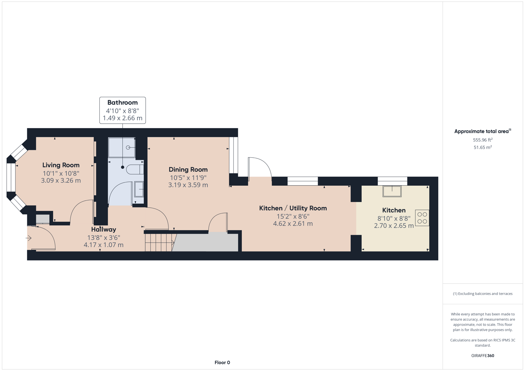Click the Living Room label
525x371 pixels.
pos(61,165)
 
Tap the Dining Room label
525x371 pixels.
pos(188,170)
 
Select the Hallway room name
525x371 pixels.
pos(103,229)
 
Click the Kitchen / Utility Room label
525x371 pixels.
pos(293,208)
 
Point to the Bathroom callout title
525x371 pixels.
pos(122,103)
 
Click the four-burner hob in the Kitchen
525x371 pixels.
pos(422,218)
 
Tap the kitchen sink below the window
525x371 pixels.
pos(392,191)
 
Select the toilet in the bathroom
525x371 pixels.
pos(135,169)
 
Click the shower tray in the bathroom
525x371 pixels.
pos(122,148)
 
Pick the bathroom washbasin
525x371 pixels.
pos(139,189)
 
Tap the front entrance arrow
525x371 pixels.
pos(29,238)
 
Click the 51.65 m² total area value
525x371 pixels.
pos(482,147)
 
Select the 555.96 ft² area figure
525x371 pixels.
pos(482,140)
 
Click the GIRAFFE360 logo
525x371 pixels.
pos(482,356)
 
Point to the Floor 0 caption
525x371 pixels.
pos(222,362)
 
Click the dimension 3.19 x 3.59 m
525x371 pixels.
pos(188,185)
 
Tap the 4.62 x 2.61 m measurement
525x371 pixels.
pos(293,224)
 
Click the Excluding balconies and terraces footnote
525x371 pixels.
pos(482,294)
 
